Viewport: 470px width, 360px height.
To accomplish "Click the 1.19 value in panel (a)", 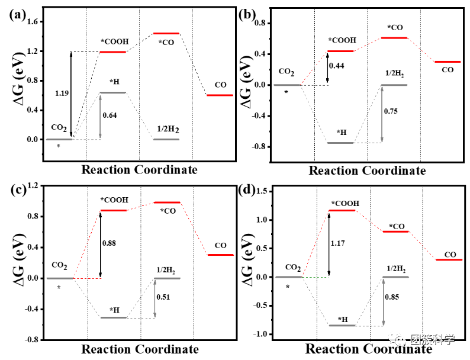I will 62,94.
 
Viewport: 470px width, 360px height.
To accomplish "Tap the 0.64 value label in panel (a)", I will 110,115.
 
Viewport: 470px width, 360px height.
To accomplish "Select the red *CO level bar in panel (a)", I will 166,33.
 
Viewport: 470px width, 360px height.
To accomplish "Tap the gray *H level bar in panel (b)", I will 340,143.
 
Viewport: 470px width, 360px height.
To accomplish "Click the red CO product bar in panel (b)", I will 448,62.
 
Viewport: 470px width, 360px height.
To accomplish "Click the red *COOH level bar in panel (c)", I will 113,210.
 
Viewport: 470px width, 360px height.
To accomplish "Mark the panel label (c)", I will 17,190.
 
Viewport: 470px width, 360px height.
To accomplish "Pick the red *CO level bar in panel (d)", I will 396,231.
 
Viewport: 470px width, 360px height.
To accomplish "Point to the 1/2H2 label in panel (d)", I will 396,269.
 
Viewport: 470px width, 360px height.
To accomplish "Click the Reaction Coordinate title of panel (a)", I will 139,170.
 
